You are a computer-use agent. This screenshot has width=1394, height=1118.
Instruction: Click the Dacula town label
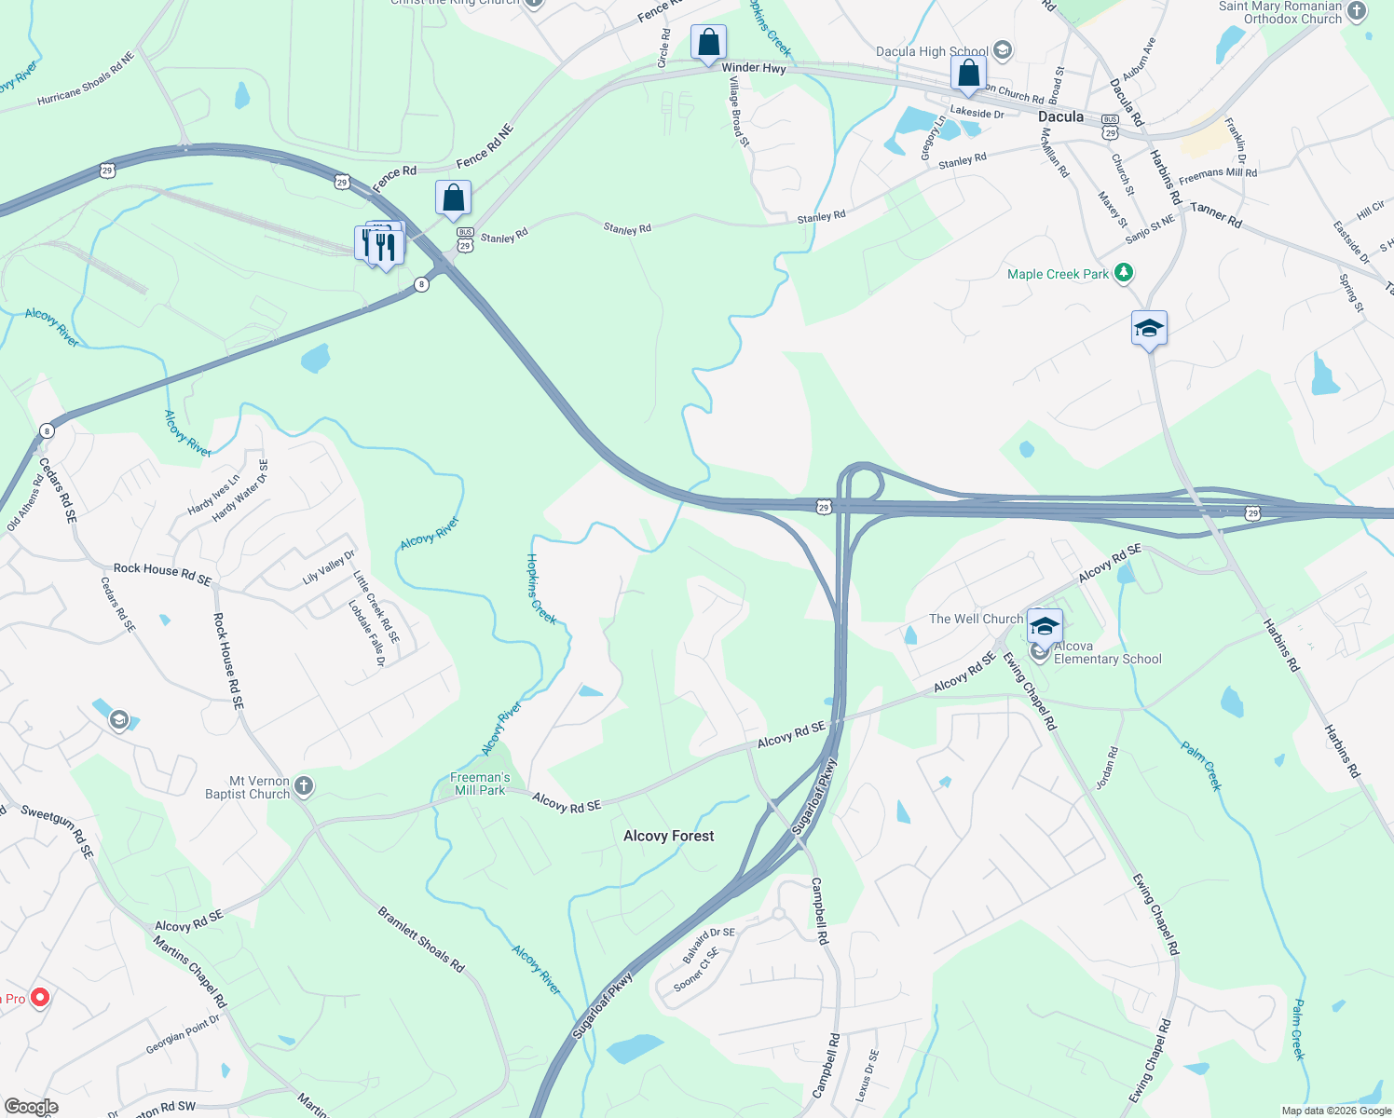pyautogui.click(x=1060, y=116)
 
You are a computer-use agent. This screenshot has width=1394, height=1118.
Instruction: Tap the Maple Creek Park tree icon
pyautogui.click(x=1125, y=273)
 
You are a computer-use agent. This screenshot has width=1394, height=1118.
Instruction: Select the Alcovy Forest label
pyautogui.click(x=668, y=836)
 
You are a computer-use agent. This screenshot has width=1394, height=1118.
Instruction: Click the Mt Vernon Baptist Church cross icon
pyautogui.click(x=303, y=788)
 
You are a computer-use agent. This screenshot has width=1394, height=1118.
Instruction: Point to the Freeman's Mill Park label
pyautogui.click(x=480, y=784)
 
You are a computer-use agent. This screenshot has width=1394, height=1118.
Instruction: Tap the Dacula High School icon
pyautogui.click(x=1003, y=50)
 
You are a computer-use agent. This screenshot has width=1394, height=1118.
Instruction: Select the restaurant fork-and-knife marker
pyautogui.click(x=384, y=247)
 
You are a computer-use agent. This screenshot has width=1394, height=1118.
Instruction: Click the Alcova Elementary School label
pyautogui.click(x=1107, y=652)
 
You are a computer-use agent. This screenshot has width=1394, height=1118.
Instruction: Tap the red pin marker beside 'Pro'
pyautogui.click(x=40, y=999)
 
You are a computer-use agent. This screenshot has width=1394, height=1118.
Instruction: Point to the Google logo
pyautogui.click(x=31, y=1107)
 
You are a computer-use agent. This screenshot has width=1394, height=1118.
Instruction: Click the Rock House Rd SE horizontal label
pyautogui.click(x=162, y=573)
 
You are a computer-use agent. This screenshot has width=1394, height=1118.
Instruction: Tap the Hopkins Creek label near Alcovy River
pyautogui.click(x=541, y=589)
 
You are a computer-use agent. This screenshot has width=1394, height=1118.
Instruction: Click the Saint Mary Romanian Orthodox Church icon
pyautogui.click(x=1357, y=11)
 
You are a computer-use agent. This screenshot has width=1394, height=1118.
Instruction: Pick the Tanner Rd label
pyautogui.click(x=1215, y=215)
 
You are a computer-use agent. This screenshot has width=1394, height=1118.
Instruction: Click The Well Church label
pyautogui.click(x=976, y=619)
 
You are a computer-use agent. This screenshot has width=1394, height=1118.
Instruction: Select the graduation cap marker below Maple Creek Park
pyautogui.click(x=1149, y=329)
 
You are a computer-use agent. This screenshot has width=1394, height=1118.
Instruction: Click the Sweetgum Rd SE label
pyautogui.click(x=58, y=831)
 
